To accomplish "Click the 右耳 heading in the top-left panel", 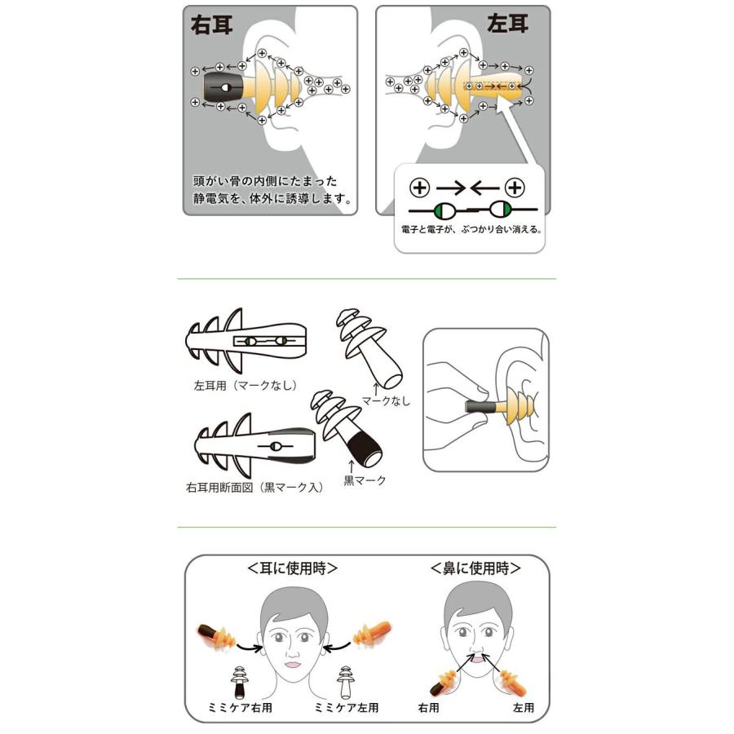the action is pos(211,25).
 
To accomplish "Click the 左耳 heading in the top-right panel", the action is pos(507,24).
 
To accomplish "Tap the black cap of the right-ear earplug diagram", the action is pos(223,87).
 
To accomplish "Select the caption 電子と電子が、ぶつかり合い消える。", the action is pos(471,230).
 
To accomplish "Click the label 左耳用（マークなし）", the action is pos(245,385).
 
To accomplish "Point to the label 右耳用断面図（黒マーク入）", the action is pos(254,488).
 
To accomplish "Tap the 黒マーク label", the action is pos(365,480).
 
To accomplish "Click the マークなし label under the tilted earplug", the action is pos(386,400).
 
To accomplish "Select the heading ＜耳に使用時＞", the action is pos(293,568).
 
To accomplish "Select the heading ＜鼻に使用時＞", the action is pos(475,568).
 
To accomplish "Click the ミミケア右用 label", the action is pos(240,707).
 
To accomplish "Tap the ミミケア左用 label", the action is pos(346,707).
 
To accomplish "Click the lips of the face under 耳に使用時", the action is pos(293,664).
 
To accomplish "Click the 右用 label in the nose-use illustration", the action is pos(429,707).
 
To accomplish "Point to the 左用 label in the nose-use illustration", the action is pos(524,707).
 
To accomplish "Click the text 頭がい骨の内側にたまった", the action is pos(265,181).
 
